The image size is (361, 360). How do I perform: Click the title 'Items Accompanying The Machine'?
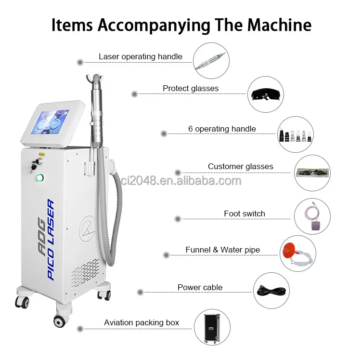click(181, 25)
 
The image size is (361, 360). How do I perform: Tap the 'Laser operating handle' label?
click(141, 56)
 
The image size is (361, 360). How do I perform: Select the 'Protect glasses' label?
click(191, 88)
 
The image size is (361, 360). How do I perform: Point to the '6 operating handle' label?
click(222, 129)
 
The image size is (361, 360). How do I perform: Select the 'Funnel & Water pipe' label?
click(223, 250)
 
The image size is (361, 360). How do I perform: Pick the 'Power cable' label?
click(200, 287)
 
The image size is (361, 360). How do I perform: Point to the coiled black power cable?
click(272, 292)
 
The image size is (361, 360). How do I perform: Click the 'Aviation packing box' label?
click(142, 322)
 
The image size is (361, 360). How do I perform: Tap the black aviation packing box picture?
click(212, 327)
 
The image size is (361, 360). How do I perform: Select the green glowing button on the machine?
click(39, 178)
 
